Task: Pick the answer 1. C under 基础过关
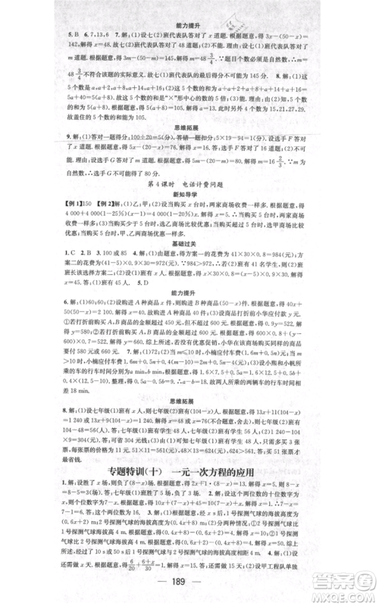pyautogui.click(x=52, y=271)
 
